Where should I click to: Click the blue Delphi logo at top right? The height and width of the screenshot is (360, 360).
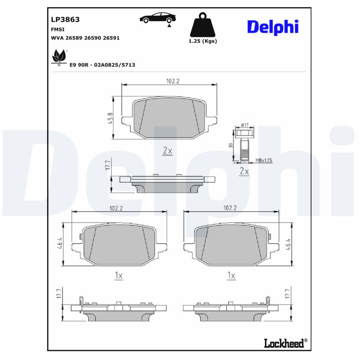coord(273,27)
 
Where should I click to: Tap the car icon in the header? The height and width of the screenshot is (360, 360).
coord(157,18)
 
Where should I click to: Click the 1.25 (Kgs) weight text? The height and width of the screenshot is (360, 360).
coord(202,41)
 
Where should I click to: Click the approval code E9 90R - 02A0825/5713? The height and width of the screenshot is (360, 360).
coord(102,65)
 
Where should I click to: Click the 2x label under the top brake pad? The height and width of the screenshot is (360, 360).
coord(167,151)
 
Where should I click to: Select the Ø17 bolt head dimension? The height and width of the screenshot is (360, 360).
coord(245,125)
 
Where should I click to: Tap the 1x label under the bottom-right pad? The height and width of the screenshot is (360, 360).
coord(231,276)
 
